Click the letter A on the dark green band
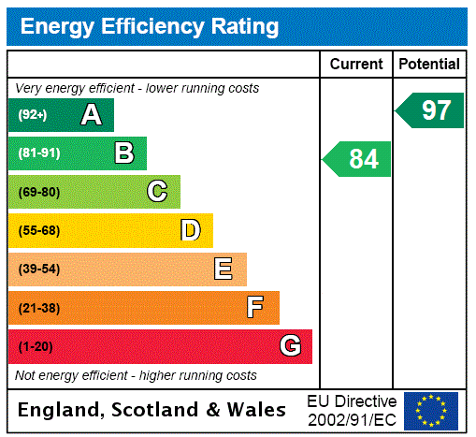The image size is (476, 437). coord(91,115)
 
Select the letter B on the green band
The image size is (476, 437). coord(124,153)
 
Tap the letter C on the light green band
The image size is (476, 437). coord(157,192)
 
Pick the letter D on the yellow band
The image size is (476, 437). coord(191,230)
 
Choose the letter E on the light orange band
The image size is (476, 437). coord(224,269)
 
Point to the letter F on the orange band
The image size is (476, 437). coord(255,307)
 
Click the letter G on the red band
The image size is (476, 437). coord(291,346)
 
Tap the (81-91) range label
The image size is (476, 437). coord(38,153)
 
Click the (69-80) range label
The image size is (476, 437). coord(38,192)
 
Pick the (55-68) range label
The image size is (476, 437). coord(38,230)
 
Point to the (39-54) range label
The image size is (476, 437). coord(38,269)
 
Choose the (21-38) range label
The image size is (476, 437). coord(38,308)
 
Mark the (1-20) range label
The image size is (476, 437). coord(36,347)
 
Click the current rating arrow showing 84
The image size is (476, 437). coord(358,159)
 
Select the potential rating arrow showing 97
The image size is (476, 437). coord(431,110)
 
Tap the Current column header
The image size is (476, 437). coord(356,65)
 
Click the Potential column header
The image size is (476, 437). coord(429,65)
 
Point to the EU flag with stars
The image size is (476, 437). coord(431,411)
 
